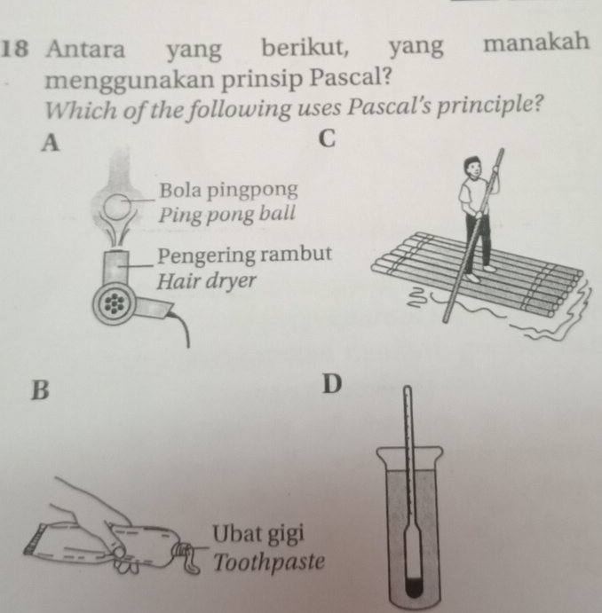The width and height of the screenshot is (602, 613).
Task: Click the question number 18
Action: (x=14, y=50)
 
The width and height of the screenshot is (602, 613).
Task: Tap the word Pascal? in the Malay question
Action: (x=351, y=77)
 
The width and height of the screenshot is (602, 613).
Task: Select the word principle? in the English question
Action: (x=490, y=106)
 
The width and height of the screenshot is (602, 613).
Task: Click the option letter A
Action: (x=51, y=142)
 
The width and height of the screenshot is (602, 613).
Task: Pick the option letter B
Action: (x=40, y=389)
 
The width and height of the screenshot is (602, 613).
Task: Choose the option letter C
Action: (x=328, y=138)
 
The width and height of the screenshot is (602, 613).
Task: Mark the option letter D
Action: (x=332, y=384)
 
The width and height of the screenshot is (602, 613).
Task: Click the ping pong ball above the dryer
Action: (x=117, y=207)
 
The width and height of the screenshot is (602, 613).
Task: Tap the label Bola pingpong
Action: (x=228, y=191)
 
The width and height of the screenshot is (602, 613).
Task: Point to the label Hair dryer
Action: (x=206, y=280)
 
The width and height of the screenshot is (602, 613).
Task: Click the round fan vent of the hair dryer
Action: (x=114, y=303)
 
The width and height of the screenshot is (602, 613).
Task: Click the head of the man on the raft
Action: (x=472, y=167)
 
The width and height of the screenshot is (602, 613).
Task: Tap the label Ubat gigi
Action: (x=258, y=534)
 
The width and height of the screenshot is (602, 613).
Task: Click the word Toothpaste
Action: (x=269, y=562)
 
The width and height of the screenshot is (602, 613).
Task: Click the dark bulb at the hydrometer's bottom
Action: (x=414, y=585)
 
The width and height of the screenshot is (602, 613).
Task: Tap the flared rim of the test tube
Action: (x=410, y=454)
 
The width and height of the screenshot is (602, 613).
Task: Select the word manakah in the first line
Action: (x=536, y=43)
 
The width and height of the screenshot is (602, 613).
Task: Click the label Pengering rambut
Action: (x=244, y=255)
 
